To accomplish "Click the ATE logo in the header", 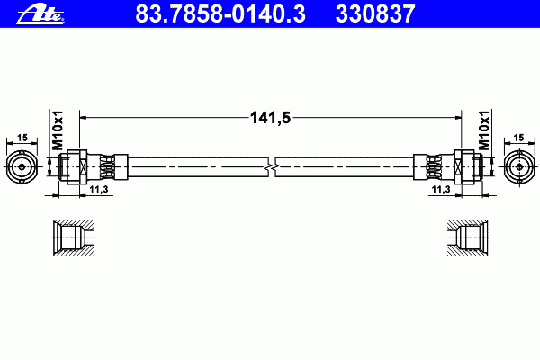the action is click(40, 14).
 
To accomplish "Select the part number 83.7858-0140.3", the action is click(220, 13).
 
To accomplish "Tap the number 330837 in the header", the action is click(375, 13).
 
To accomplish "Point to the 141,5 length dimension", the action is click(270, 118).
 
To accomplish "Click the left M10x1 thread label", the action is click(58, 130).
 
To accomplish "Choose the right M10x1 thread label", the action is click(483, 130).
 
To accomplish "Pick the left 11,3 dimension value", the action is click(99, 189).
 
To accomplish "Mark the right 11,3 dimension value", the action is click(441, 189).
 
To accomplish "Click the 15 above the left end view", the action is click(22, 138).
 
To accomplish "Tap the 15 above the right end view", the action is click(518, 138).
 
